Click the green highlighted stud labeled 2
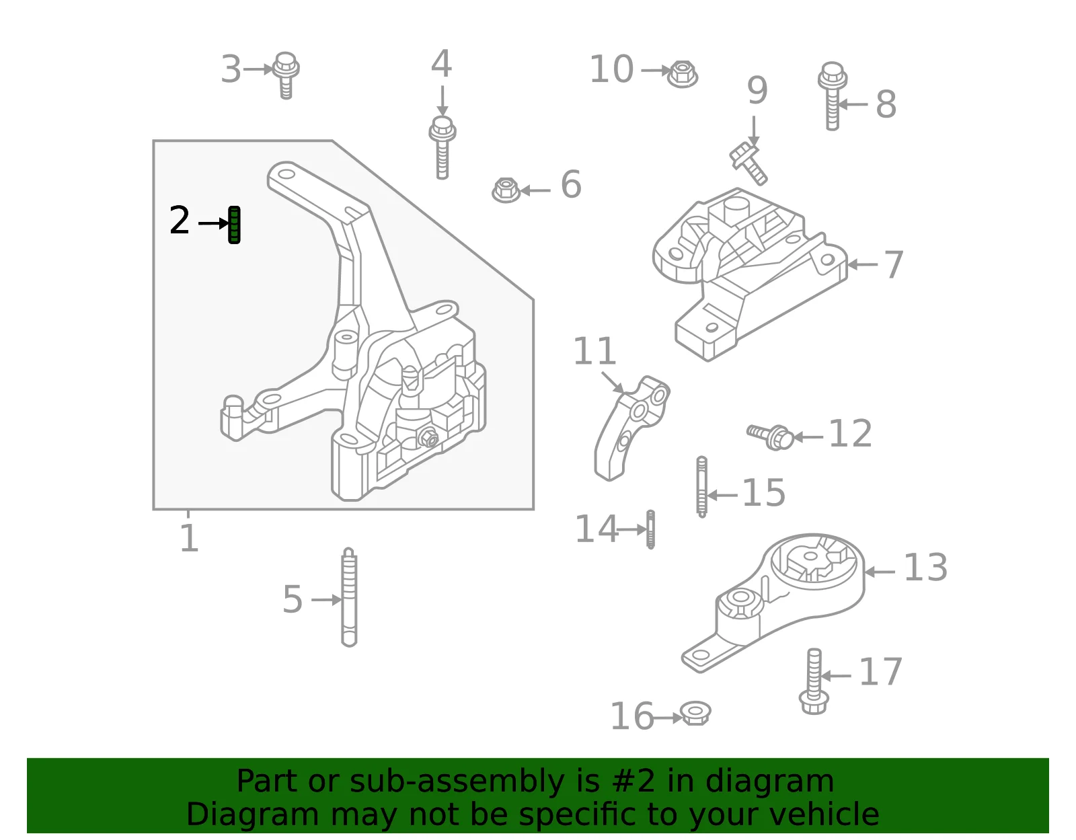(x=234, y=225)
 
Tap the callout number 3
(x=231, y=69)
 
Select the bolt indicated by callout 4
(x=443, y=147)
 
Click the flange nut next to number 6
(x=506, y=190)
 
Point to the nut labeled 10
(x=683, y=74)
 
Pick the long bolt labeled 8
(x=833, y=96)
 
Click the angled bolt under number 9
(x=748, y=164)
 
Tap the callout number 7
(x=893, y=264)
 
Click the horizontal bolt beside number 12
(x=771, y=436)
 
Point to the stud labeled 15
(x=701, y=486)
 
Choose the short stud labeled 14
(x=651, y=529)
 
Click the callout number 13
(x=925, y=567)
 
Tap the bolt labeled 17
(x=814, y=681)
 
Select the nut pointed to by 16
(x=695, y=714)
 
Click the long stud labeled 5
(x=348, y=597)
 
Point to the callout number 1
(x=189, y=538)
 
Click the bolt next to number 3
(x=286, y=75)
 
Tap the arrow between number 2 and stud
(x=213, y=224)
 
